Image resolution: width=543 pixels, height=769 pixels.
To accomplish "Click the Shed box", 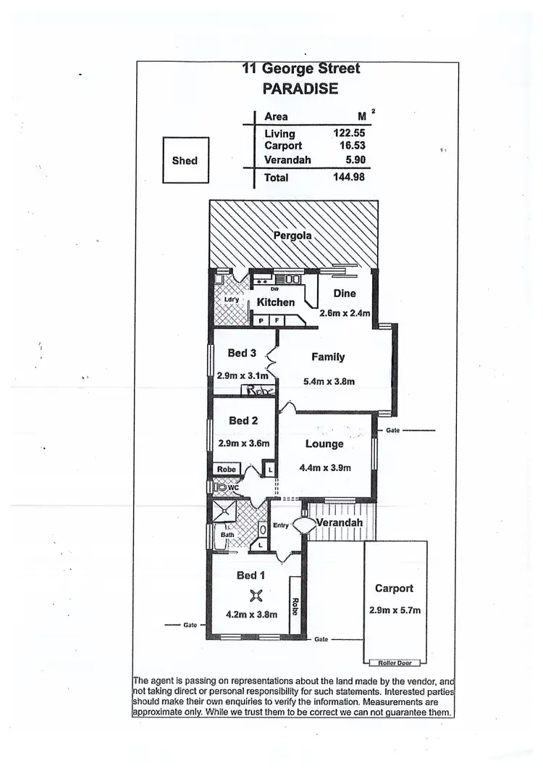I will [185, 161].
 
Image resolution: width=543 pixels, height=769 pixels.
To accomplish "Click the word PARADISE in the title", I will [300, 90].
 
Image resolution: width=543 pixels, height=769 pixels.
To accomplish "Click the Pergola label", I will [292, 236].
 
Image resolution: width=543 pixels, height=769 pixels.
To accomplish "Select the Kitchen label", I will [276, 302].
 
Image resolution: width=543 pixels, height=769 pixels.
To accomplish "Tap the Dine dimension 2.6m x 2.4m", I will [345, 314].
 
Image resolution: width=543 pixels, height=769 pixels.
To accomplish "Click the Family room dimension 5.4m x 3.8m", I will [328, 381].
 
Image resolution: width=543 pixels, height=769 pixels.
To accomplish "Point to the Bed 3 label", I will [242, 353].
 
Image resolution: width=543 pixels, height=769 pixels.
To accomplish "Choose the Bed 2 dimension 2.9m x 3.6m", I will [243, 444].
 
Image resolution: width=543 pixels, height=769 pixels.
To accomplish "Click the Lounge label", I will [324, 444].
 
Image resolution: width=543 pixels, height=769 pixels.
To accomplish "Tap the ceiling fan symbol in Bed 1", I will [255, 596].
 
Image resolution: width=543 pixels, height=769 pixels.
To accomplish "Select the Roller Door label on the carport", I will [394, 662].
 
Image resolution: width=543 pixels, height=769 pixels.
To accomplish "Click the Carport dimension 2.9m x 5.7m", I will [395, 611].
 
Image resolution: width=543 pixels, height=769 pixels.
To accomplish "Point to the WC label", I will [233, 489].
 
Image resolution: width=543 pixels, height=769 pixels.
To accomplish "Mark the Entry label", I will [281, 526].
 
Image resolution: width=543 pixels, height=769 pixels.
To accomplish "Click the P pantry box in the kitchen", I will [260, 320].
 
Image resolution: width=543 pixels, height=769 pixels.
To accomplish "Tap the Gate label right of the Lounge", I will [394, 431].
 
